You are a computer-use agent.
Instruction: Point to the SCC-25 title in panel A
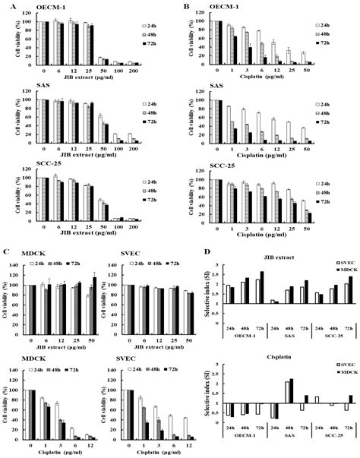[31, 169]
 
